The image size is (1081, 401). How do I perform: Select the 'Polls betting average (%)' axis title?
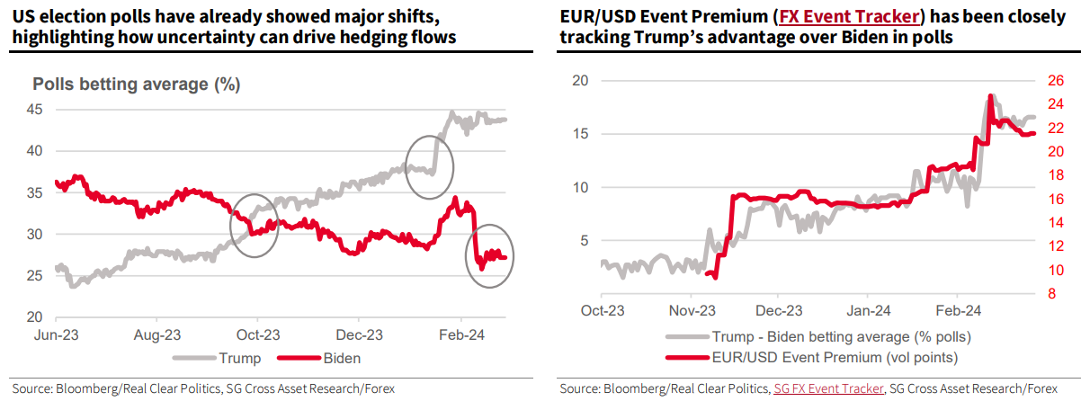click(136, 85)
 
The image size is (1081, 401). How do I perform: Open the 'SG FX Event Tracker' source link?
click(826, 389)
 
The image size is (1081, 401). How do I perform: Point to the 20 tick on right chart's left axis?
click(580, 80)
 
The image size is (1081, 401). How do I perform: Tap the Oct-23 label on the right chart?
click(603, 312)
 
